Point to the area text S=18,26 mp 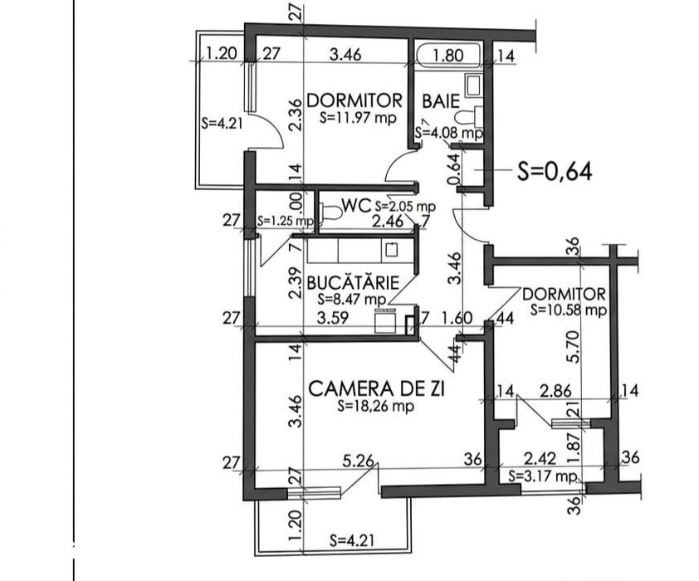coord(376,407)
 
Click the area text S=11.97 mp coord(358,118)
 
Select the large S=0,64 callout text coord(554,172)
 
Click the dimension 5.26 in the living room coord(360,459)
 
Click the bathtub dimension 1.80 coord(449,56)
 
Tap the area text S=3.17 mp coord(542,476)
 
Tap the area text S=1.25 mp coord(285,222)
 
